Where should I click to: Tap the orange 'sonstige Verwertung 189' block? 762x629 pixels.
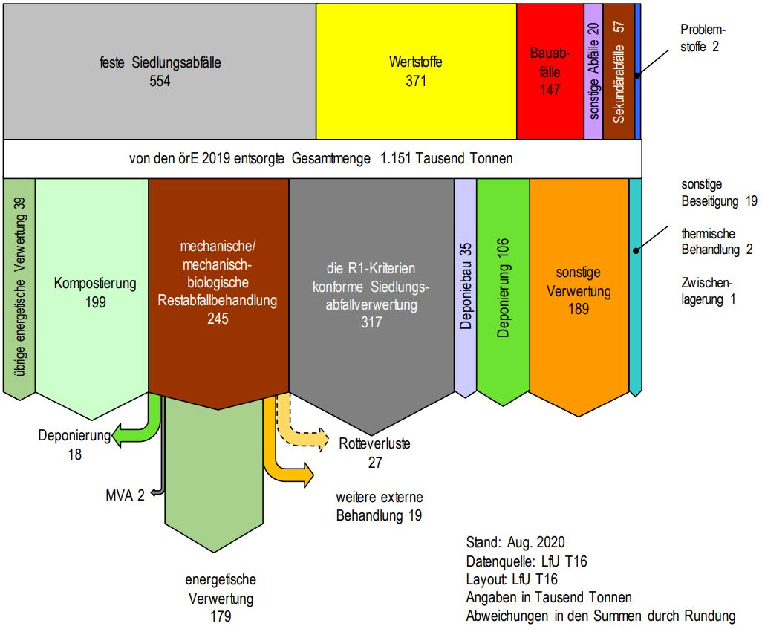(x=579, y=290)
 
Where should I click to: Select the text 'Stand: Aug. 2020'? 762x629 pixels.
(x=515, y=542)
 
